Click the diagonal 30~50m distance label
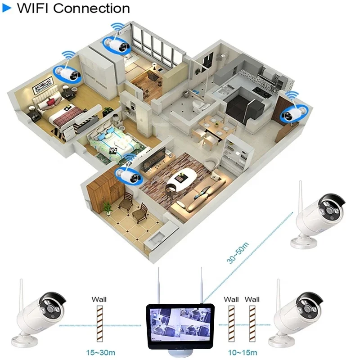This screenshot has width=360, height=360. coord(238,252)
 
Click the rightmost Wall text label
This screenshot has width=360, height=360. coord(252,299)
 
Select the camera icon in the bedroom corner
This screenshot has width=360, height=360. coord(67,73)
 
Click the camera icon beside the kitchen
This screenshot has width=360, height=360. coord(293,112)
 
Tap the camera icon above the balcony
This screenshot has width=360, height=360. coord(129,174)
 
